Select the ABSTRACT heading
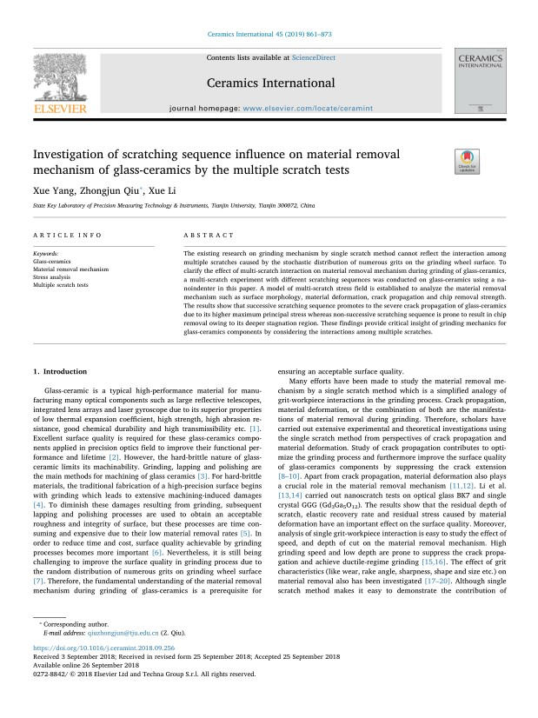(x=209, y=235)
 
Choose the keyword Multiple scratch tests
(x=60, y=284)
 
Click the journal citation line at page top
(x=269, y=36)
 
